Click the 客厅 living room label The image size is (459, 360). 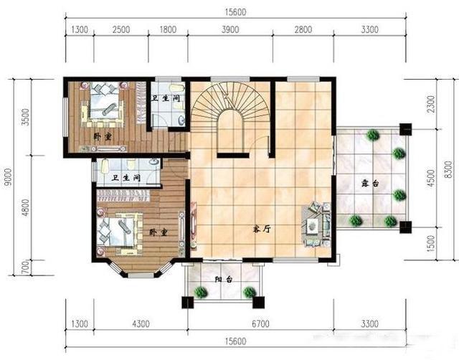[x=262, y=229]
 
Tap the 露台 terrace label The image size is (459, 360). [x=370, y=184]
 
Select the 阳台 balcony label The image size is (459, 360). [x=224, y=279]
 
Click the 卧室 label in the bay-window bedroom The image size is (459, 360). [x=158, y=232]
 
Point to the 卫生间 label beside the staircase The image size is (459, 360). [x=166, y=98]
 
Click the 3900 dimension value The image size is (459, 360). [x=230, y=29]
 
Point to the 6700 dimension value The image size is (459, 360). [x=260, y=323]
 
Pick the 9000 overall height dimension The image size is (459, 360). [x=8, y=176]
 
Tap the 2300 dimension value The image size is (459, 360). [x=431, y=104]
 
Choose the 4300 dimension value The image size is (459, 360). [x=141, y=323]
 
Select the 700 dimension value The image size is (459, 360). [x=26, y=267]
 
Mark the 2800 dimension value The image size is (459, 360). [x=303, y=29]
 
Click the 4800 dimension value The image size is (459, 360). [x=26, y=207]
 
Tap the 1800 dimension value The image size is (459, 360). [x=168, y=29]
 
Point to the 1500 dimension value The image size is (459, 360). [x=431, y=244]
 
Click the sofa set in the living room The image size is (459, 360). [x=316, y=224]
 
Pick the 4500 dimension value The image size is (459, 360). [x=431, y=178]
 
